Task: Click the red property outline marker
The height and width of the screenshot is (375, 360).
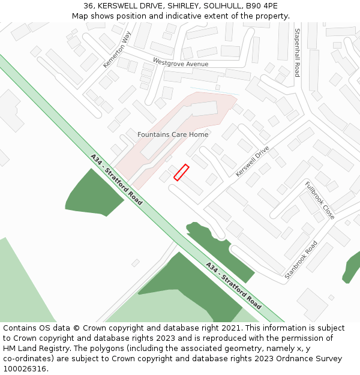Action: tap(181, 172)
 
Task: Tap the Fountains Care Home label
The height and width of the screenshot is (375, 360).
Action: tap(173, 134)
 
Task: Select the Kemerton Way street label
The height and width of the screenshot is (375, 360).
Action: tap(116, 50)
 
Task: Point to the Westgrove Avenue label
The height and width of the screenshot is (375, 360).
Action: tap(181, 63)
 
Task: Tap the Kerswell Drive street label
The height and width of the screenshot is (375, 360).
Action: tap(252, 161)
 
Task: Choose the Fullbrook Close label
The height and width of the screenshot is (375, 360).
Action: tap(319, 200)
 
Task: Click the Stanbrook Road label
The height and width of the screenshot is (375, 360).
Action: tap(301, 259)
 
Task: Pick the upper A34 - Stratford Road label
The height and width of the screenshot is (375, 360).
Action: tap(116, 179)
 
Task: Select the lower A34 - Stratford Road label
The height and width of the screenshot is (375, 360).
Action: tap(233, 286)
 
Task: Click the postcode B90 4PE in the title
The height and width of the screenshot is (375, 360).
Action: tap(265, 5)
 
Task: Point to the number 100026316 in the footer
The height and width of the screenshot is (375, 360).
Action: tap(25, 369)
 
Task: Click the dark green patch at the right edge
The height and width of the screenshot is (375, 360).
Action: tap(352, 268)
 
